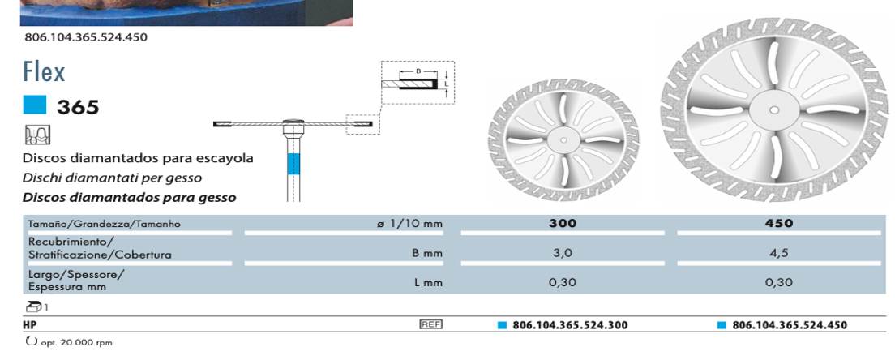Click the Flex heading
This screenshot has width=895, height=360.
(44, 71)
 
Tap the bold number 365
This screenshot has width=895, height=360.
(78, 107)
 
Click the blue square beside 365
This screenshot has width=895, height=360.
(34, 105)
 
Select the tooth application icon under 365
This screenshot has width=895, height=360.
(37, 135)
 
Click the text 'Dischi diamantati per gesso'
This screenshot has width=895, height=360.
(112, 178)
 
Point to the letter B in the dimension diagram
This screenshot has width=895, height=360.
(418, 71)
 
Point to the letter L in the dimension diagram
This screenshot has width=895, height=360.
(447, 84)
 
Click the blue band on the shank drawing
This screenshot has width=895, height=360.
(293, 164)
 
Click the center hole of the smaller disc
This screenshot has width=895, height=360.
(563, 139)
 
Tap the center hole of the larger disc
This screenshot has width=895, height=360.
(774, 109)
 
